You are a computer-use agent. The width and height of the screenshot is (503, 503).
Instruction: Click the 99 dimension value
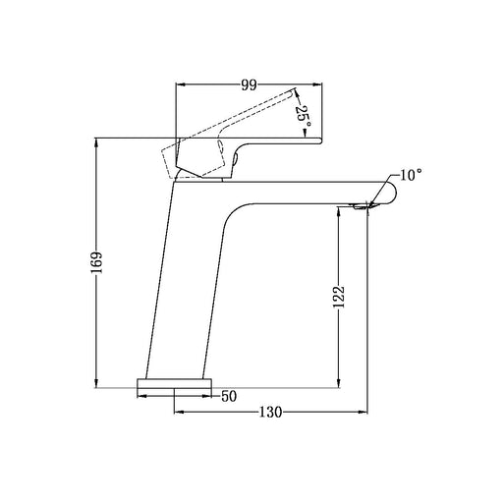(x=249, y=84)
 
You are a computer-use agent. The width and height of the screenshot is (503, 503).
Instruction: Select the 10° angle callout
(x=411, y=175)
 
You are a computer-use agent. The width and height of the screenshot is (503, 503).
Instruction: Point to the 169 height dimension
(x=97, y=262)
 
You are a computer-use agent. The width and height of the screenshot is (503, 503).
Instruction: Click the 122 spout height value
(x=339, y=297)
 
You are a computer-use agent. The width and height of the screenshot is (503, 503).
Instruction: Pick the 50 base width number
(x=229, y=396)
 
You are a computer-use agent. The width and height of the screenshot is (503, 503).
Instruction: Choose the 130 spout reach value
(x=270, y=412)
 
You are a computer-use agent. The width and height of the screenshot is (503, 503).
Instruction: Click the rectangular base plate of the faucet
(x=174, y=383)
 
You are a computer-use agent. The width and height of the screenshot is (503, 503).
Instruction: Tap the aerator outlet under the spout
(x=361, y=206)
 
